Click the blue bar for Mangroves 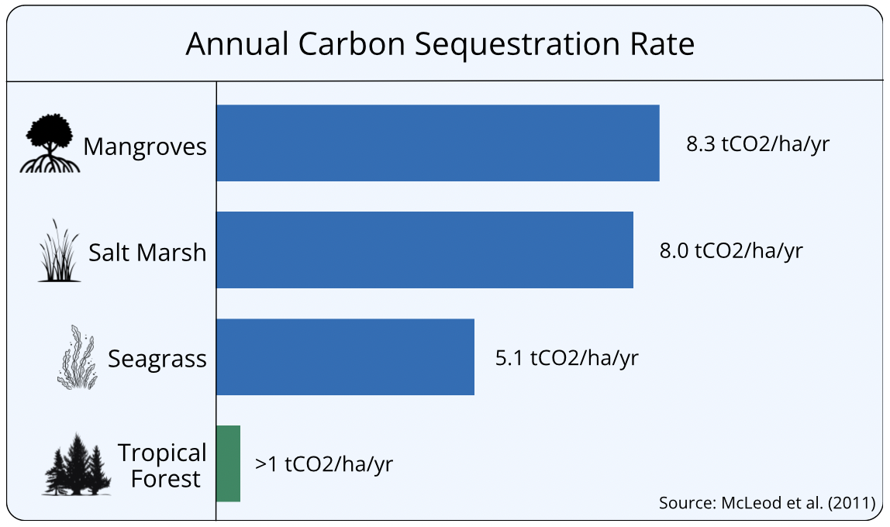pyautogui.click(x=437, y=143)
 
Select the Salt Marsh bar pyautogui.click(x=425, y=250)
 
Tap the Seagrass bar pyautogui.click(x=345, y=356)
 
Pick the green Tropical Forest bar pyautogui.click(x=228, y=463)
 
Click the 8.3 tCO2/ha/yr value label pyautogui.click(x=757, y=144)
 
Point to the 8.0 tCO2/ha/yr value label pyautogui.click(x=731, y=251)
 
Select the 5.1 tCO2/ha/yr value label pyautogui.click(x=567, y=358)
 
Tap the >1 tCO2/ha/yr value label pyautogui.click(x=324, y=464)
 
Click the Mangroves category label pyautogui.click(x=145, y=147)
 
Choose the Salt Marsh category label pyautogui.click(x=147, y=253)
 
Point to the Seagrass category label pyautogui.click(x=157, y=359)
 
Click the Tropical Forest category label pyautogui.click(x=162, y=465)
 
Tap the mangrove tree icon pyautogui.click(x=50, y=143)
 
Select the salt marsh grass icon pyautogui.click(x=59, y=250)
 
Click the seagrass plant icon pyautogui.click(x=78, y=356)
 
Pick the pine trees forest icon pyautogui.click(x=77, y=464)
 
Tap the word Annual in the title pyautogui.click(x=238, y=43)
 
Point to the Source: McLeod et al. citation pyautogui.click(x=767, y=503)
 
